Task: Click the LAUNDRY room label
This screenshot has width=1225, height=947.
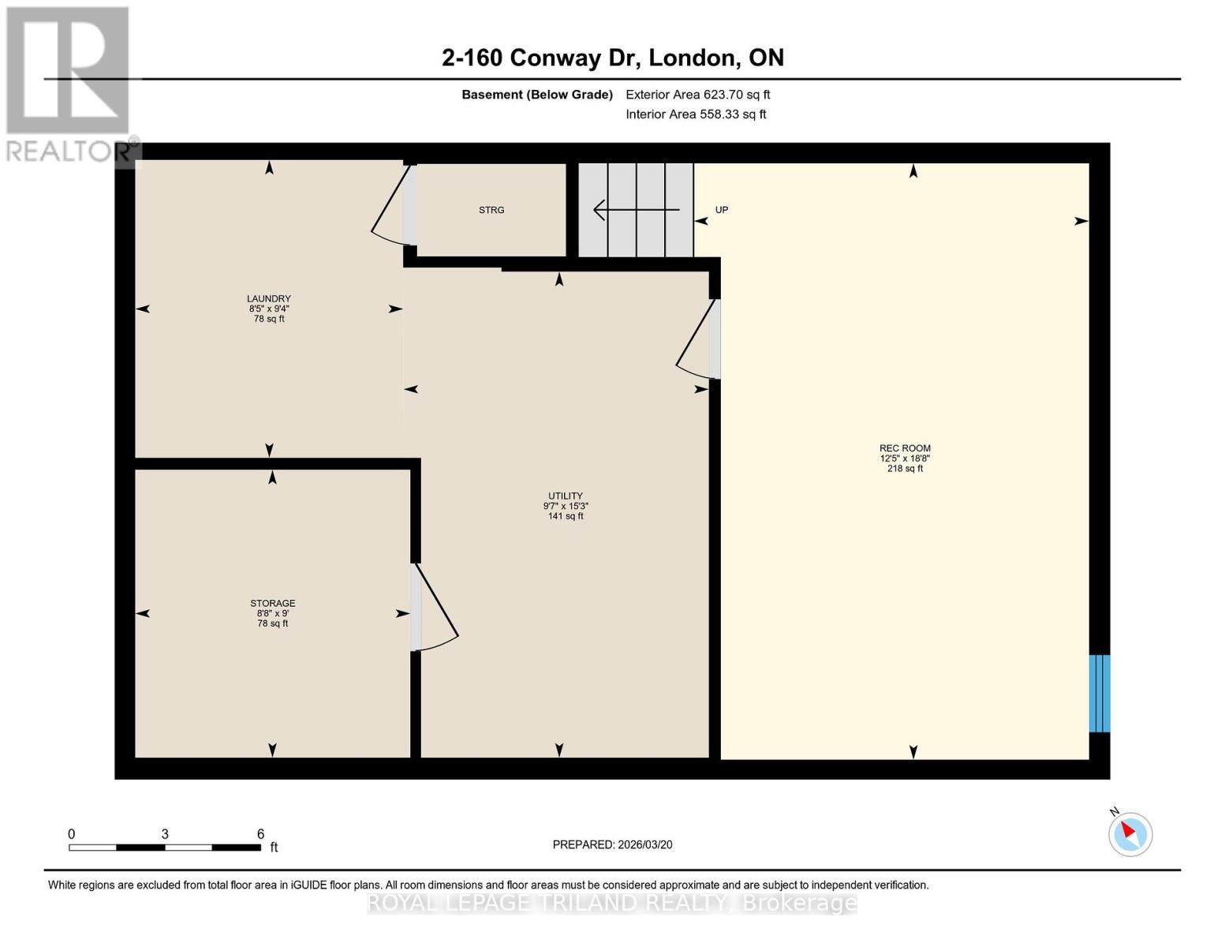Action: click(269, 299)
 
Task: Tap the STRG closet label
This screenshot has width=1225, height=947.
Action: click(491, 210)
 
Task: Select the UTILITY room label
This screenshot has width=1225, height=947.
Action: click(566, 496)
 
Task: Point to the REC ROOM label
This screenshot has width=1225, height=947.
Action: click(905, 448)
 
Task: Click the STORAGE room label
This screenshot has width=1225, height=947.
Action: click(272, 604)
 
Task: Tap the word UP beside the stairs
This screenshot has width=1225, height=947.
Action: click(721, 210)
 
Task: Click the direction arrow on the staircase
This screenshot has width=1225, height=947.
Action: click(636, 210)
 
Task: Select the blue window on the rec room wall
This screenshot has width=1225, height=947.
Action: click(1099, 694)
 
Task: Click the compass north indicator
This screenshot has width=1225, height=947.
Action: click(1130, 833)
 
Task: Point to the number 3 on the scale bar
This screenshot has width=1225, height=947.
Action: click(164, 834)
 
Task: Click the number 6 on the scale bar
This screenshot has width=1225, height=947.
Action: click(260, 834)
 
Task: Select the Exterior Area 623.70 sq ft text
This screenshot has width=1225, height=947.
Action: click(697, 95)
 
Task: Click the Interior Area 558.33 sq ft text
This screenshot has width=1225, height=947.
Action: click(696, 114)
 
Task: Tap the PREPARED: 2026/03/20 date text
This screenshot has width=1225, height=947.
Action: click(612, 844)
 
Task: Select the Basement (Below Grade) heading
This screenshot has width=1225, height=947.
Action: click(536, 95)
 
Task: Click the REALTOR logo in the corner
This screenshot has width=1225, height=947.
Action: click(68, 83)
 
